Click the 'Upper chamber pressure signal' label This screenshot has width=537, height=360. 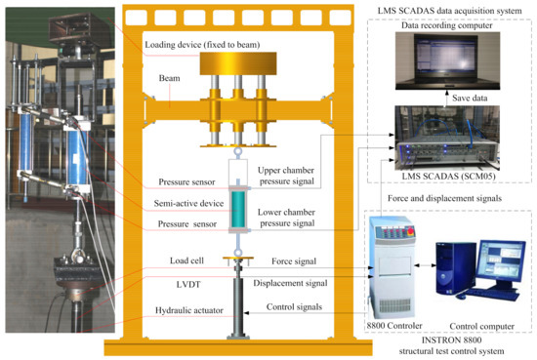pyautogui.click(x=291, y=178)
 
